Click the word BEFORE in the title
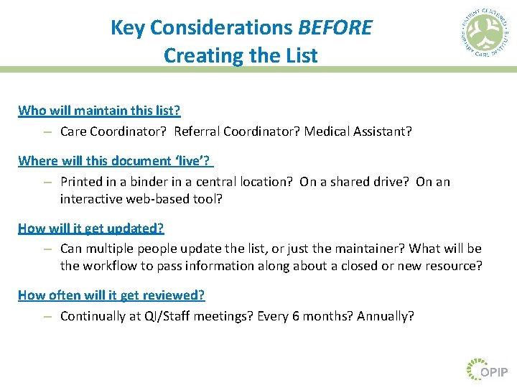[335, 28]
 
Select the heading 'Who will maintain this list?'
[99, 111]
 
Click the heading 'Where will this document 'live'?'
[116, 160]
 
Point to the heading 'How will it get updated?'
[91, 228]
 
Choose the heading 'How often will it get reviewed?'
[111, 295]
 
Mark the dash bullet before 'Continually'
[46, 316]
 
